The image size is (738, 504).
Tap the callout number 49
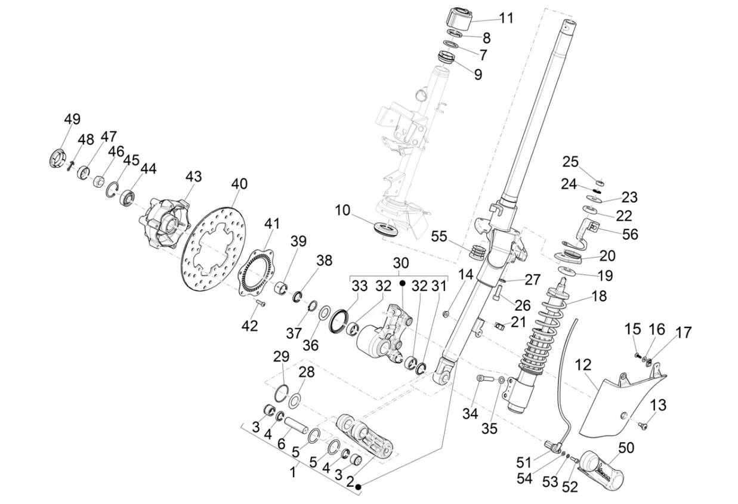point(72,119)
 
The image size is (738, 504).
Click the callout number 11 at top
point(506,18)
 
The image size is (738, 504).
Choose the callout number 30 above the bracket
point(401,263)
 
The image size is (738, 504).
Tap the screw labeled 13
point(642,425)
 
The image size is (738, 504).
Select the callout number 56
point(630,234)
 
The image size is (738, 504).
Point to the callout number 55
point(455,237)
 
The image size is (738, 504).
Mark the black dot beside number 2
point(359,487)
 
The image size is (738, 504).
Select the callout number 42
point(249,326)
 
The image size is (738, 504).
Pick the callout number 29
point(281,357)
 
